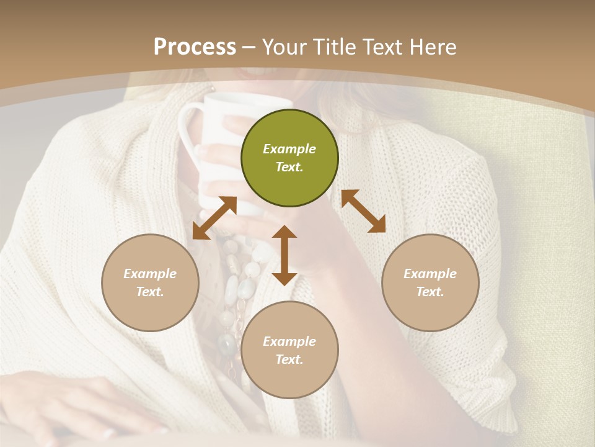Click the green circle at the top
point(289,158)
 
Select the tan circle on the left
point(150,282)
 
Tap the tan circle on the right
point(430,282)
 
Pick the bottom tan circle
point(289,350)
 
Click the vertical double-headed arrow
point(284,255)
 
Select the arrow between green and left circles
point(214,218)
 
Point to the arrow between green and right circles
point(363,211)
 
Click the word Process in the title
point(195,47)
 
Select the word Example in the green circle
point(289,149)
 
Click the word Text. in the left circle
point(150,292)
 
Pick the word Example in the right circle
point(430,274)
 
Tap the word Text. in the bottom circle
point(289,359)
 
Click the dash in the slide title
point(249,47)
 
